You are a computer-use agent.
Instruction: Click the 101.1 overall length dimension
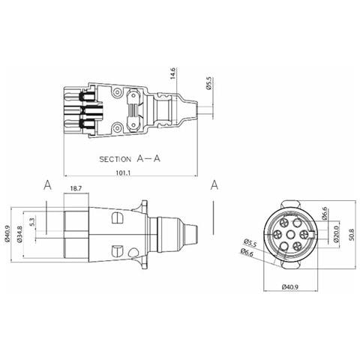coord(123,172)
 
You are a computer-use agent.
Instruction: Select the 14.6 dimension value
coord(173,73)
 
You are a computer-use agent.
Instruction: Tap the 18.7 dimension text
coord(76,189)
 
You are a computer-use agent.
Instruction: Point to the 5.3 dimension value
coord(32,222)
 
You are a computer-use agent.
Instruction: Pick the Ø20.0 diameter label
coord(336,234)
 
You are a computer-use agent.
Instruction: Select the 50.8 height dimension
coord(352,234)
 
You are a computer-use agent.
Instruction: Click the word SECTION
coord(115,159)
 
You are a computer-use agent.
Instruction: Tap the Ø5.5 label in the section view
coord(208,83)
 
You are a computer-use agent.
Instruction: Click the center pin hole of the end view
coord(290,235)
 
